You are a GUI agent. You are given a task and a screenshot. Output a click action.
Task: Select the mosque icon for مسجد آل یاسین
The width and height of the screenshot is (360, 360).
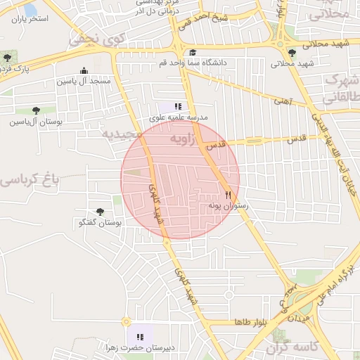(84, 70)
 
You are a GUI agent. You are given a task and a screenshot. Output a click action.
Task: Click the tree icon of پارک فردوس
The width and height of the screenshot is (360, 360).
(7, 58)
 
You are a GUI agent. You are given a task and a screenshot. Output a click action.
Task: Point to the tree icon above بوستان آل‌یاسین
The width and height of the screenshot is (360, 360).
(34, 110)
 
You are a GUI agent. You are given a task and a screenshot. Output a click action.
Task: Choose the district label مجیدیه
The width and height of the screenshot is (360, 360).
(122, 134)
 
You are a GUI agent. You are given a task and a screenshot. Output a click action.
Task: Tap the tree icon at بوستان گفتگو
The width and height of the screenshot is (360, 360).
(100, 212)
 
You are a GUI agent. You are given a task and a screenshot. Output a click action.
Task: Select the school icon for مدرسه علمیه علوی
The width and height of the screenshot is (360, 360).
(177, 106)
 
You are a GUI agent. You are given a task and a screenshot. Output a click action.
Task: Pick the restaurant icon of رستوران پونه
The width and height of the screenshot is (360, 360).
(228, 194)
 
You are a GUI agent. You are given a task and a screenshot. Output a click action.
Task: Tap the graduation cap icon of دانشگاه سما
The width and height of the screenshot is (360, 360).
(193, 52)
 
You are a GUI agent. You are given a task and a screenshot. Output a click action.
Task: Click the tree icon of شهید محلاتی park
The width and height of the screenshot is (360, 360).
(292, 52)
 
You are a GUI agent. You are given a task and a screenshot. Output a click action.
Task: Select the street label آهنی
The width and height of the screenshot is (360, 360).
(282, 101)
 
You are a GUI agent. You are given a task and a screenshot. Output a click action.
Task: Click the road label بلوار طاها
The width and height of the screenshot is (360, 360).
(251, 322)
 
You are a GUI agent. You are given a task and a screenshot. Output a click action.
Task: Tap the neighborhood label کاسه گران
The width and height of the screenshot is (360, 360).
(293, 347)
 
